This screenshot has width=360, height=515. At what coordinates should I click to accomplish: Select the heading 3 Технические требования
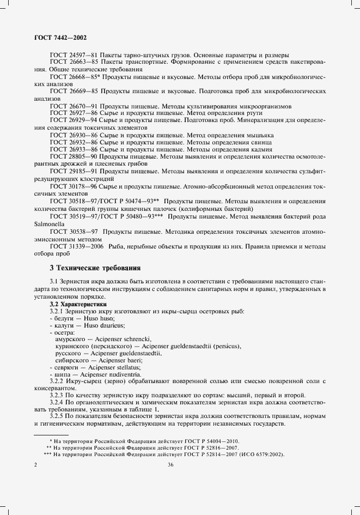pos(95,268)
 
